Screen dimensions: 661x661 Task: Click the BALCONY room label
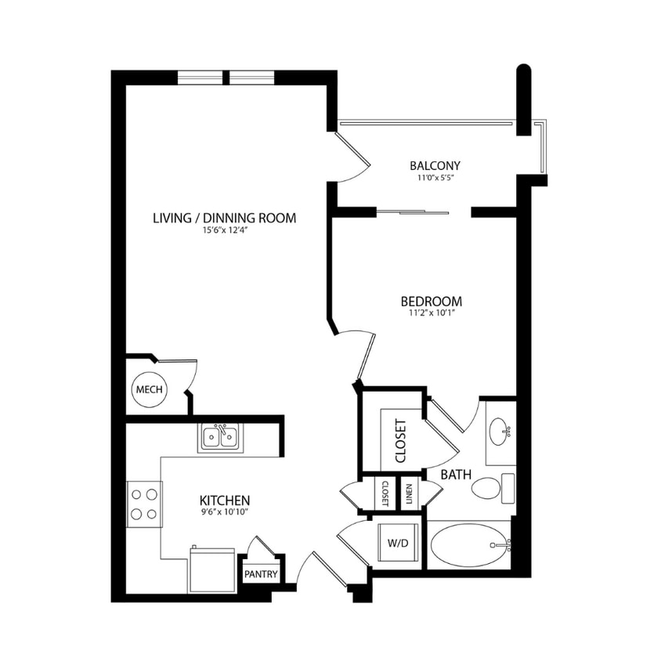(435, 165)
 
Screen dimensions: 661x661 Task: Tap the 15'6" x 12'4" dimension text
(224, 230)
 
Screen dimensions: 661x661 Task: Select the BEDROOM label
(431, 301)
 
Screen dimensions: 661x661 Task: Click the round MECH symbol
(149, 390)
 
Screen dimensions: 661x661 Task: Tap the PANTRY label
(261, 574)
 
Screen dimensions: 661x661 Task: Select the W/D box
(397, 542)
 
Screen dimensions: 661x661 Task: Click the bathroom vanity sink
(500, 431)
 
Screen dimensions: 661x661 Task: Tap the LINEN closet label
(410, 494)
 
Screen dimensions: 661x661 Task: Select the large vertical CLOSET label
(400, 441)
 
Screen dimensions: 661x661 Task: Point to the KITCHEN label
(225, 500)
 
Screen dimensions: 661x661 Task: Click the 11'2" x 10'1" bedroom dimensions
(431, 313)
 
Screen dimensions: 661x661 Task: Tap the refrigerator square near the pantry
(211, 570)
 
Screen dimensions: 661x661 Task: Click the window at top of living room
(226, 77)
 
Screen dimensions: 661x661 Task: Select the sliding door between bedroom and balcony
(413, 211)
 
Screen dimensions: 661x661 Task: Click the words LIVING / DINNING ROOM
(224, 218)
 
